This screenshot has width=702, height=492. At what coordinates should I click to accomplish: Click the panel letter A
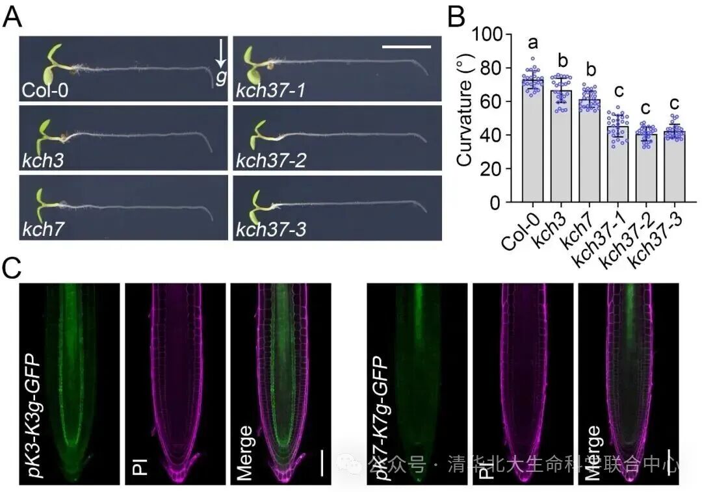(12, 18)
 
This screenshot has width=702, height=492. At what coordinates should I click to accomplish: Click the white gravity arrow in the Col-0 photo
(220, 53)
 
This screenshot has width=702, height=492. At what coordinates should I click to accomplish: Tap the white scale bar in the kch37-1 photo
(406, 47)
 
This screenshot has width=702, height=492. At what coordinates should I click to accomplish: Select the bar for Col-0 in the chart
(534, 140)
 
